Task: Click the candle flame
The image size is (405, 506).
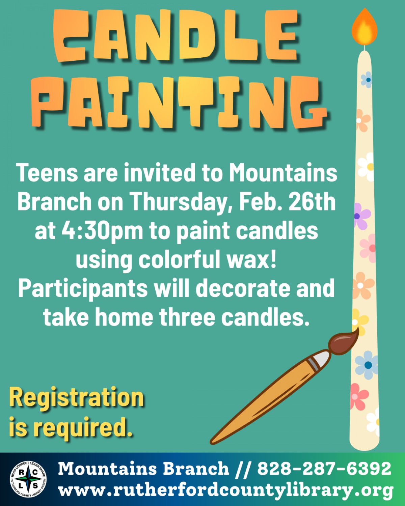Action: (364, 28)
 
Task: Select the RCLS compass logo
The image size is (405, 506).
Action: (28, 479)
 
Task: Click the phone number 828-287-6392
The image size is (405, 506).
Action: (324, 469)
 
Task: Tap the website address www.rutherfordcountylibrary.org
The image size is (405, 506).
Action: (225, 490)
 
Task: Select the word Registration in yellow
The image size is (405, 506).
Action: (77, 398)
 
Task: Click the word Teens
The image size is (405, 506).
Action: (47, 173)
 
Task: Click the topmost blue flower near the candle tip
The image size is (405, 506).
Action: (367, 80)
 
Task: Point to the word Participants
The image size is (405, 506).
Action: (83, 289)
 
